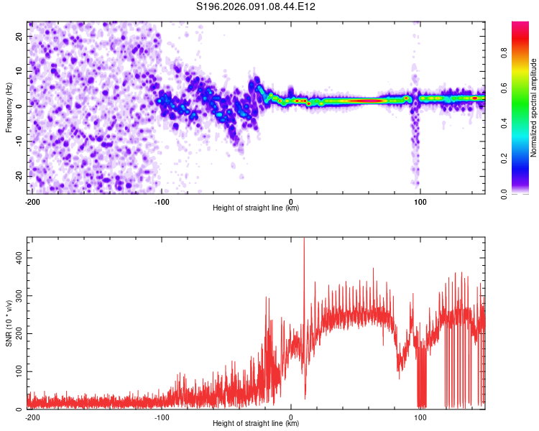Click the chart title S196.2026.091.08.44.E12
pyautogui.click(x=257, y=6)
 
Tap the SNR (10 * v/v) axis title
pyautogui.click(x=9, y=323)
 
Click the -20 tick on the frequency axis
pyautogui.click(x=19, y=176)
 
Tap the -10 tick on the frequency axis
pyautogui.click(x=19, y=141)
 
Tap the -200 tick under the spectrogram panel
pyautogui.click(x=32, y=201)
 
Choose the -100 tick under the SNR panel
pyautogui.click(x=162, y=417)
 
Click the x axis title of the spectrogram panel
pyautogui.click(x=256, y=208)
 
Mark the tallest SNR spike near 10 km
pyautogui.click(x=304, y=240)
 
